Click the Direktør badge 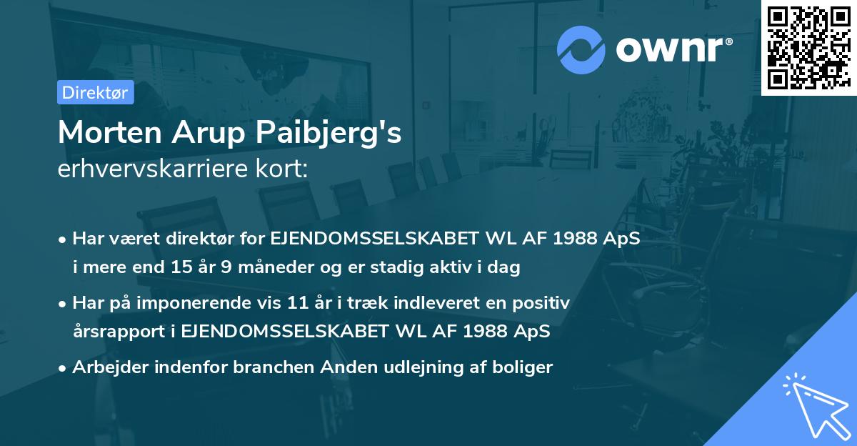point(95,92)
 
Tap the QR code point(808,48)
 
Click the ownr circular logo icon point(581,49)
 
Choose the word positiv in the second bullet point(542,303)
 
